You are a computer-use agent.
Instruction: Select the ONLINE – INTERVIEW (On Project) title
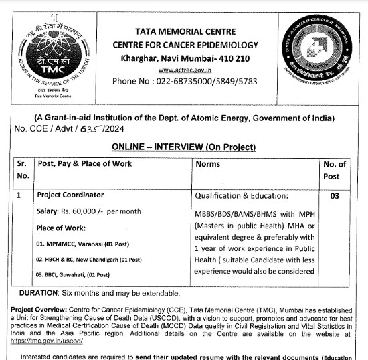183,147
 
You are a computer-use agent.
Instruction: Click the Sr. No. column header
22,170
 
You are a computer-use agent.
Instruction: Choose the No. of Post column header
335,170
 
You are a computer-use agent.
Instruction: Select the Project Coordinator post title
70,195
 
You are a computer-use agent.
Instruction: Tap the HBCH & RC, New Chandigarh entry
89,259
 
